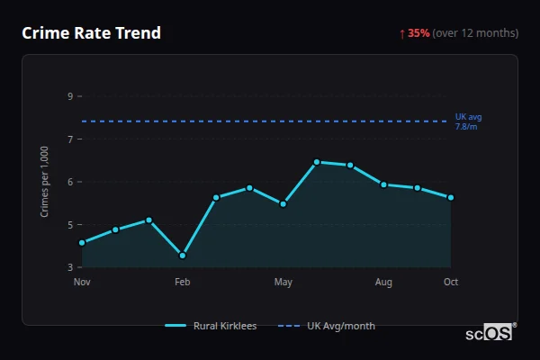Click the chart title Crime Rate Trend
click(x=91, y=33)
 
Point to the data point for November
click(x=82, y=242)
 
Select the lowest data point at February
click(x=183, y=256)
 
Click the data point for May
click(x=283, y=203)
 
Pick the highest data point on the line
click(x=317, y=162)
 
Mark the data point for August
click(x=383, y=184)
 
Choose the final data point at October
click(x=451, y=197)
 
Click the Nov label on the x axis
click(x=82, y=283)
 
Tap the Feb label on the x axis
click(x=183, y=283)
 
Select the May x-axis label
click(x=283, y=283)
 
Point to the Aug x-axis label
click(x=383, y=283)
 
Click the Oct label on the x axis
click(x=451, y=283)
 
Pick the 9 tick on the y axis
click(x=69, y=96)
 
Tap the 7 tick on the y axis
click(x=69, y=139)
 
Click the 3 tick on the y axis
click(x=69, y=267)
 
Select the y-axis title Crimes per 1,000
click(x=44, y=181)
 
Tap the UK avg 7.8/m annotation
click(x=468, y=121)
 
